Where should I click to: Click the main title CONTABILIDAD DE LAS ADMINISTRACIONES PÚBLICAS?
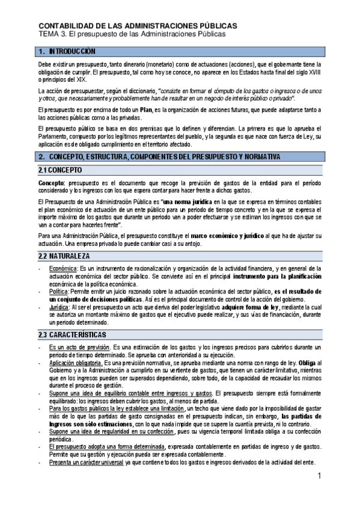click(x=138, y=26)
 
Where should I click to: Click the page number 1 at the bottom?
click(x=320, y=477)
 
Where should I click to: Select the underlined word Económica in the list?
click(x=62, y=268)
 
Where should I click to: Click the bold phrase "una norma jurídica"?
click(x=188, y=200)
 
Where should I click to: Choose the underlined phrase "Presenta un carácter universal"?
click(x=88, y=462)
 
